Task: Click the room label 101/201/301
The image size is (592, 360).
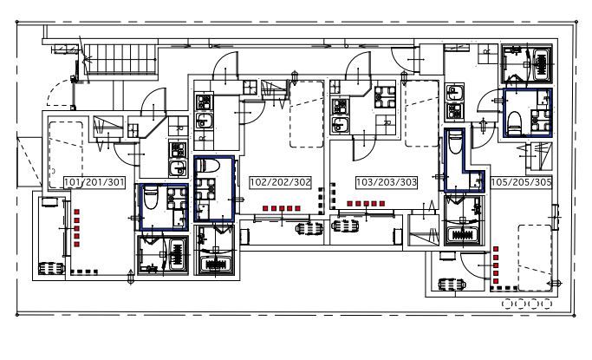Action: point(94,182)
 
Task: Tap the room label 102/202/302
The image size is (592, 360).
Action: point(281,182)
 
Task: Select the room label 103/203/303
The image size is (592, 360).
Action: point(387,182)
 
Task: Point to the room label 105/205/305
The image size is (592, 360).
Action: point(521,182)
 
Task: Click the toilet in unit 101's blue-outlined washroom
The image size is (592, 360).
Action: point(151,197)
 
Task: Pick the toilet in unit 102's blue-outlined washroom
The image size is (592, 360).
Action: point(208,165)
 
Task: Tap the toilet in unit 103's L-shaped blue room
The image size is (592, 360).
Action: point(455,141)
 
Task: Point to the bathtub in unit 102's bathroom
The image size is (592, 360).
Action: point(216,264)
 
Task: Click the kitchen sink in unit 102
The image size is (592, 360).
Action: point(204,121)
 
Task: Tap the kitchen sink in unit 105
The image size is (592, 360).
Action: point(454,93)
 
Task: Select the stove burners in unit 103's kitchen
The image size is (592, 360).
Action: point(340,107)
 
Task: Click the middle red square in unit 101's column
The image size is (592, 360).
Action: point(76,228)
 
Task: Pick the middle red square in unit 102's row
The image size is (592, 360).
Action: point(282,208)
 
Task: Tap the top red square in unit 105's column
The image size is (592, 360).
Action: point(496,249)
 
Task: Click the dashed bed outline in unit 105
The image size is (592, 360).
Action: point(536,258)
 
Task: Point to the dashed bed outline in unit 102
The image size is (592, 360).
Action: point(307,114)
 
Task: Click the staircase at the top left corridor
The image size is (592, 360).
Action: point(120,59)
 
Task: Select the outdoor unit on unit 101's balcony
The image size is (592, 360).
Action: point(51,268)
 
